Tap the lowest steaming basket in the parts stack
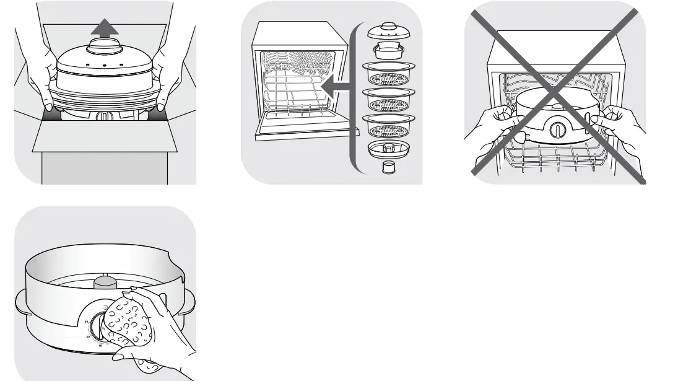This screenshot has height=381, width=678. pos(388,127)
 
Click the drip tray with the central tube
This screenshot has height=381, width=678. pos(388,150)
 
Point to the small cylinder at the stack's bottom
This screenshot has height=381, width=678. pos(388,168)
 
